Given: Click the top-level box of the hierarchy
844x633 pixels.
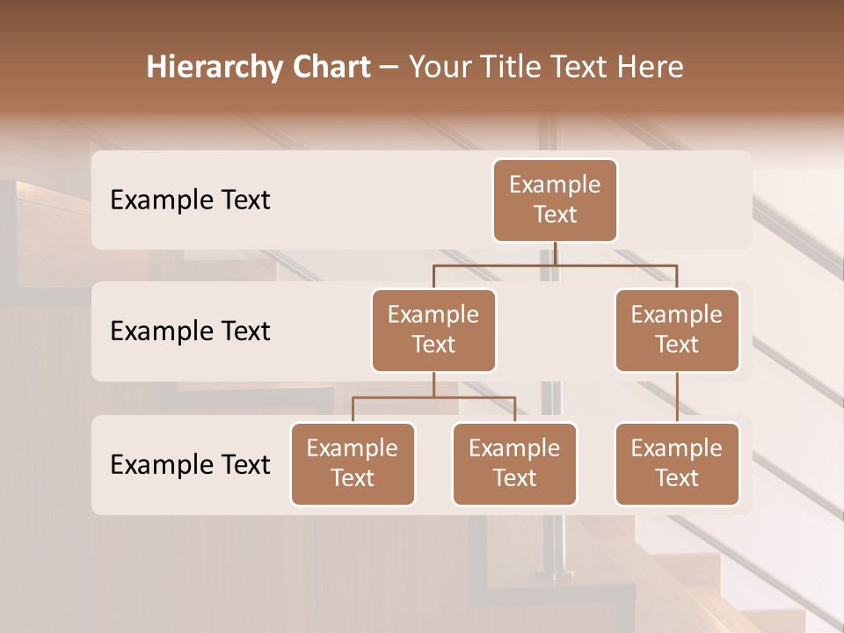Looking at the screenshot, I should point(555,200).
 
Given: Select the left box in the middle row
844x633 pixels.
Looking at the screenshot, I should point(433,331).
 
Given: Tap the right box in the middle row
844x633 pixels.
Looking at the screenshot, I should point(677,331).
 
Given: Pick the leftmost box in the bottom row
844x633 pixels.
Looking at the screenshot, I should point(353,464).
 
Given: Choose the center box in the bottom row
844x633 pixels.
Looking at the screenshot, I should point(514,464).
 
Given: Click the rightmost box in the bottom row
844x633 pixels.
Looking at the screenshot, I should point(677,464).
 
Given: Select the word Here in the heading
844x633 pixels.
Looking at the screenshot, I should point(651,67).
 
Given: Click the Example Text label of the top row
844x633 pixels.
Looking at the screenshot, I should point(190,200).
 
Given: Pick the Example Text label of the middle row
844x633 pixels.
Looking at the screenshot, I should point(190,331).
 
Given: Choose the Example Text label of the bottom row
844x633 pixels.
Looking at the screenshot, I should point(190,465).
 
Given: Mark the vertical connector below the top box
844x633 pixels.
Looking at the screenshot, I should point(555,253).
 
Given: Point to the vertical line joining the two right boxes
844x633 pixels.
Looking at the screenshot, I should point(677,397).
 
